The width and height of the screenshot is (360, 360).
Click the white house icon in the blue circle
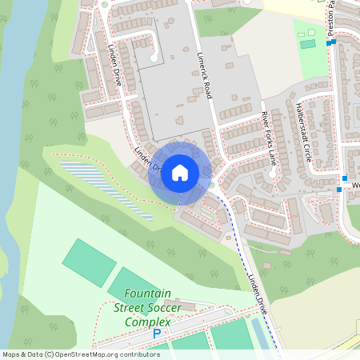(180, 172)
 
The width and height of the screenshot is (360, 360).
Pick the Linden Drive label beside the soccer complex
(258, 292)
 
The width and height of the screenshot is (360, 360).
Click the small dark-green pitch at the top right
(307, 43)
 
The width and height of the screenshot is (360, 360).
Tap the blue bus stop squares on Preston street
(332, 42)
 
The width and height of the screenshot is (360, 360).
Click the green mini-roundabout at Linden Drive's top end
(104, 3)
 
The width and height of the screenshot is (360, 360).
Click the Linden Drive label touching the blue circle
(149, 161)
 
